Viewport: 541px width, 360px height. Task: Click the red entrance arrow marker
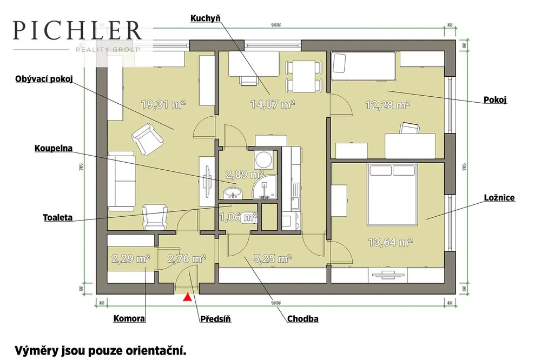(x=187, y=296)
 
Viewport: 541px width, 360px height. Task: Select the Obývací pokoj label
(x=43, y=81)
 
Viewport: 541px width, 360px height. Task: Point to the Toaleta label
(x=57, y=218)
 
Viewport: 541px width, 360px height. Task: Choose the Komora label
(x=129, y=318)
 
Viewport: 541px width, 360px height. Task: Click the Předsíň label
(x=215, y=319)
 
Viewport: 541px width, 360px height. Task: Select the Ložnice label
(x=499, y=199)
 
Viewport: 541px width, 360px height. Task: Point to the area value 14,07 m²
(x=272, y=105)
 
